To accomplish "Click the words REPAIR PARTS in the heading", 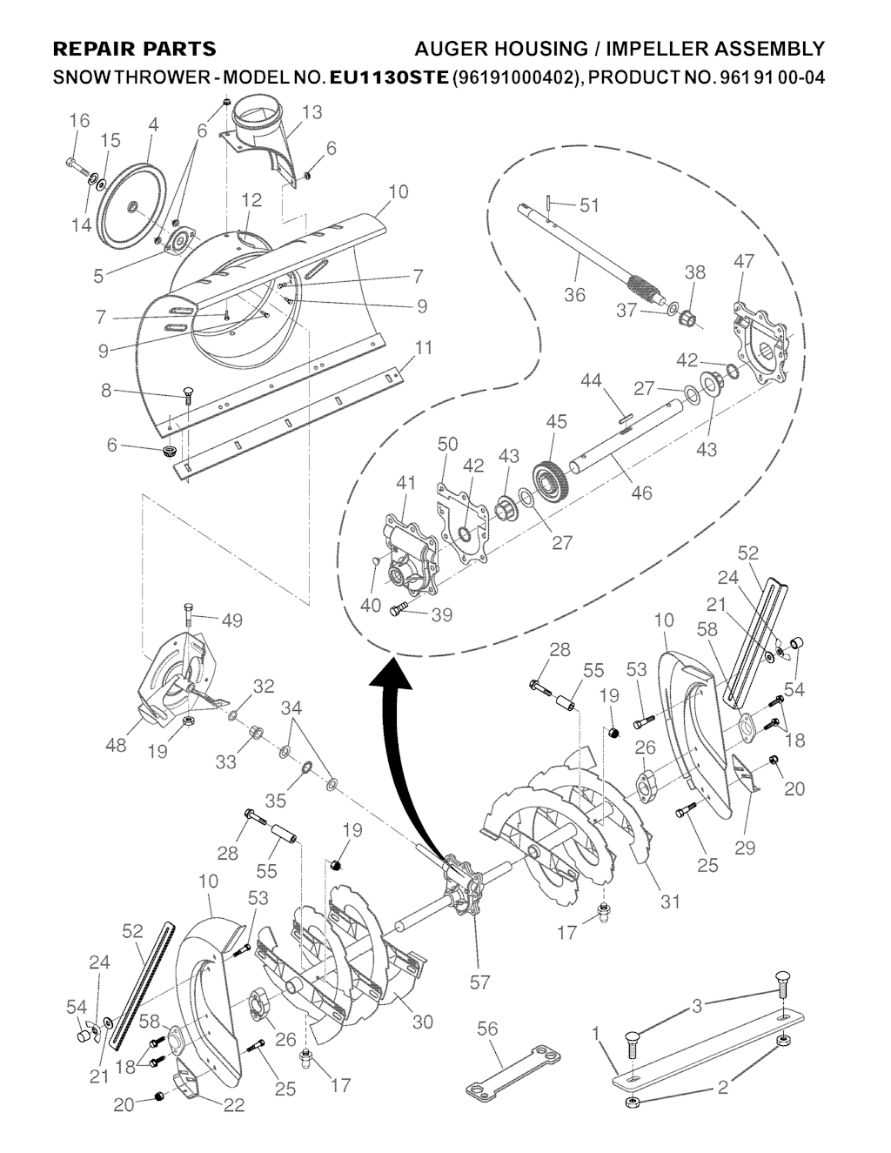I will [135, 49].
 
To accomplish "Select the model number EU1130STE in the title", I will [389, 77].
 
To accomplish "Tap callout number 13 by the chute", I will [312, 112].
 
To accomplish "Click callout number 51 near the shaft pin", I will [589, 205].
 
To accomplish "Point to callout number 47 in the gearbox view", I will [744, 261].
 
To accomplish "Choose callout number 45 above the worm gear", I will [556, 422].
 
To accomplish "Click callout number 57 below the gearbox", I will [479, 982].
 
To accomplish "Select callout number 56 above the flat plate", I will [487, 1029].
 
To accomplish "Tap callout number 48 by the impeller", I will [116, 745].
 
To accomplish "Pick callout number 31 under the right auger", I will [670, 902].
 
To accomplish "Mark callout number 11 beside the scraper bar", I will [424, 349].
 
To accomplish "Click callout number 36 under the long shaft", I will [574, 295].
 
